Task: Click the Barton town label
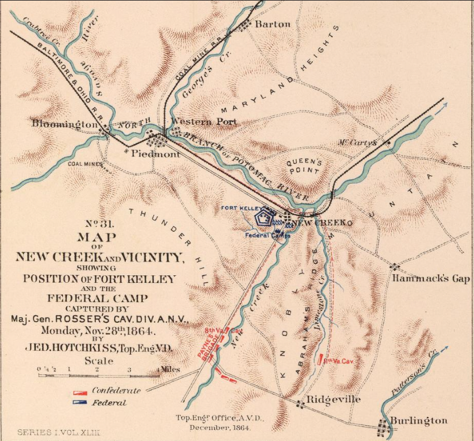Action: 272,24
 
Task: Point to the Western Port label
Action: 203,122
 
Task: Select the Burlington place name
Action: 418,420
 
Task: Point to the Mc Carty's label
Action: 358,142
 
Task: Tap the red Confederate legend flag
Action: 80,391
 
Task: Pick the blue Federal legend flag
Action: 80,403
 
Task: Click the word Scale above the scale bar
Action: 99,361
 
